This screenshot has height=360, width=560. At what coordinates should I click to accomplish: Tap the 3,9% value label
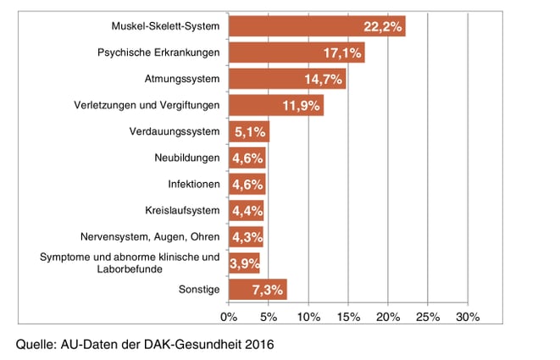tap(245, 263)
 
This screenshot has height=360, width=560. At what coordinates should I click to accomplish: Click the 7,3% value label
tap(268, 290)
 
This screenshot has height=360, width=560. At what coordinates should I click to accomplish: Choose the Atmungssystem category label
tap(182, 79)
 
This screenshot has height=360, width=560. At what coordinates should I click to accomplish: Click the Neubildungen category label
tap(187, 158)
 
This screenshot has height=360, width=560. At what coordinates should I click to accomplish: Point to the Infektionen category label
tap(194, 184)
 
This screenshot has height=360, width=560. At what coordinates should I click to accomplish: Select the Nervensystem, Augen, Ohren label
tap(158, 237)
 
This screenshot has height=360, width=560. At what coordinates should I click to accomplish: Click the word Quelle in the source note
tap(36, 345)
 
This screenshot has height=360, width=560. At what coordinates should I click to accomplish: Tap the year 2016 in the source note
tap(260, 345)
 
